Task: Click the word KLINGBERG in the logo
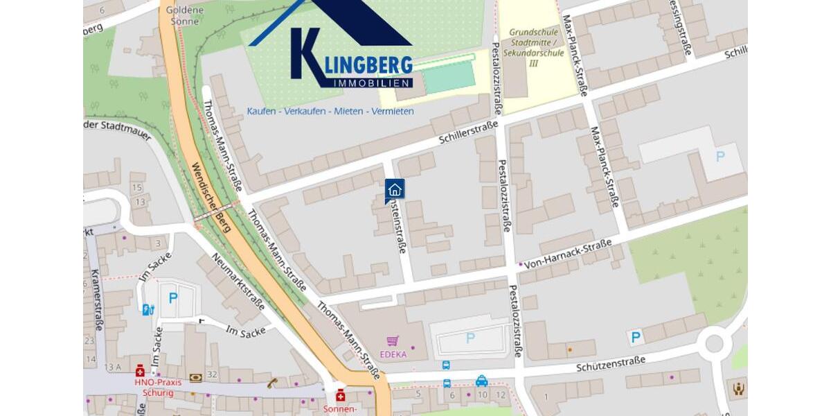pos(359,64)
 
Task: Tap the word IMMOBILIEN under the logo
pos(373,83)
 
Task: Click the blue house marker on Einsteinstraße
pos(395,189)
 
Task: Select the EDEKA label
pos(393,354)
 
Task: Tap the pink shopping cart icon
pos(393,341)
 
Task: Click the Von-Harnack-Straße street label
pos(568,254)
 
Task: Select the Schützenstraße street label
pos(610,363)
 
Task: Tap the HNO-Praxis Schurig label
pos(158,386)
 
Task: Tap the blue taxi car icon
pos(481,381)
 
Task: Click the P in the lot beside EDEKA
pos(470,338)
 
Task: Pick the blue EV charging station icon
pos(148,309)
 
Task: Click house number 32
pos(212,374)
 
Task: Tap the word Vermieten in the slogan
pos(392,111)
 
